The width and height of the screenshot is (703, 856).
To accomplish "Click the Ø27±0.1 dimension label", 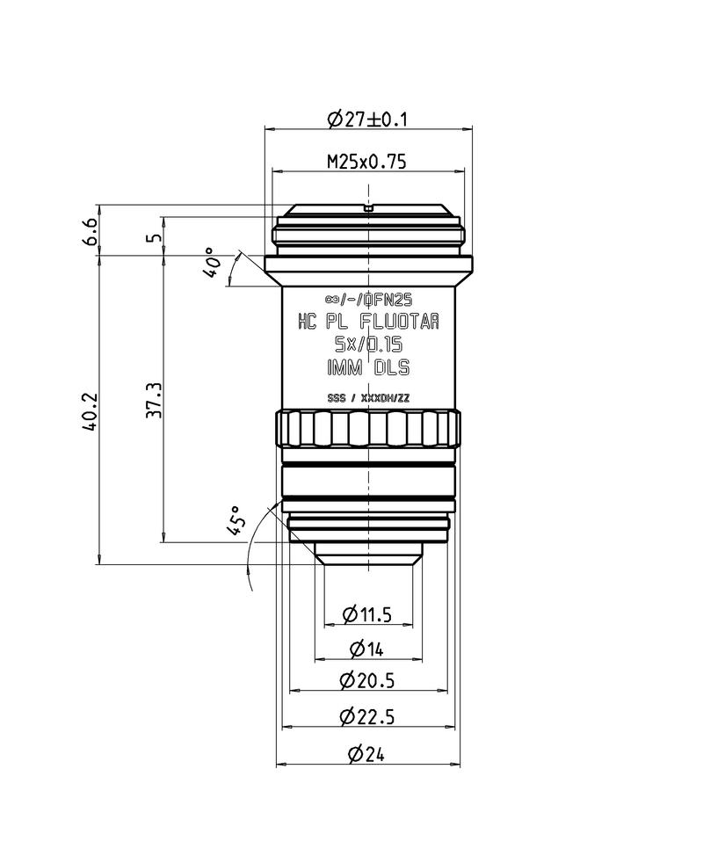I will coord(368,119).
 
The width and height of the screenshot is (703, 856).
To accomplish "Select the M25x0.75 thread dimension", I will coord(366,162).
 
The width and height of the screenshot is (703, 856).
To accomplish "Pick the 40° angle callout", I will coord(213,261).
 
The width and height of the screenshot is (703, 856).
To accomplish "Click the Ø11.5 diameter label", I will coord(367,613).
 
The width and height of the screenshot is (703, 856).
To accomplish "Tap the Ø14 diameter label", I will coord(367,649).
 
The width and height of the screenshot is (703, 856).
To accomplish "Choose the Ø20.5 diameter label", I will coord(367,680).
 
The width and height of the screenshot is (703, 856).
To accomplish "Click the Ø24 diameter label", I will coord(367,754).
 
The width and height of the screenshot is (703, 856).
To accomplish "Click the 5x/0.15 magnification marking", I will coord(368,345).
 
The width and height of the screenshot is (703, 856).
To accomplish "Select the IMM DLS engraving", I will coord(368,368).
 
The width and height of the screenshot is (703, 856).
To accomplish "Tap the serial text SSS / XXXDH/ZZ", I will coord(368,398).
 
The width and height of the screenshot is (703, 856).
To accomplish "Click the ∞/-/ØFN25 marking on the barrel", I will coord(368,298).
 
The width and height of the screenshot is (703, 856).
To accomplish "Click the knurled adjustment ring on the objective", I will coord(368,430).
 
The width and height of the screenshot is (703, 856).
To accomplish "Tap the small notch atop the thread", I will coord(368,208).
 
